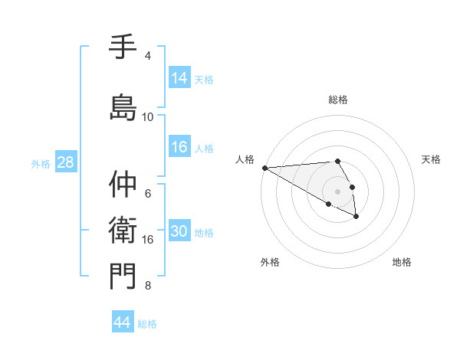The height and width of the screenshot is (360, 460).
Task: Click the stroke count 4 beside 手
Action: tap(148, 56)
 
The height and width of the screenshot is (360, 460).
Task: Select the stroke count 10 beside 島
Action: tap(148, 117)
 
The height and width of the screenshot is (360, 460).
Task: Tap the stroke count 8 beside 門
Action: tap(148, 286)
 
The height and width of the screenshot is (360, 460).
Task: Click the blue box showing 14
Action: tap(179, 78)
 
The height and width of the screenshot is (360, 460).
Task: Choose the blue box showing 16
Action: tap(179, 147)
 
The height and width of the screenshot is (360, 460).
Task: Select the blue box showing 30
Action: tap(179, 231)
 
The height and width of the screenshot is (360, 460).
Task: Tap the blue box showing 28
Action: tap(65, 162)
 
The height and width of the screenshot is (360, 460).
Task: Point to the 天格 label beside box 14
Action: tap(204, 79)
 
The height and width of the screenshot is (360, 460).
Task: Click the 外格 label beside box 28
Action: tap(41, 163)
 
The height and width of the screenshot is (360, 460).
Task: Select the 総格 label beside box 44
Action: tap(147, 323)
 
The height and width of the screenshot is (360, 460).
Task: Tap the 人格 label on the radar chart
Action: tap(245, 159)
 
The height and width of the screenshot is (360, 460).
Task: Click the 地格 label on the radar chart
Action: tap(402, 262)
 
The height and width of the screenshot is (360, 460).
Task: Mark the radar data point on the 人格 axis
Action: tap(264, 168)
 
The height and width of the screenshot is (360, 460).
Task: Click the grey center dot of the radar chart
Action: tap(338, 191)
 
